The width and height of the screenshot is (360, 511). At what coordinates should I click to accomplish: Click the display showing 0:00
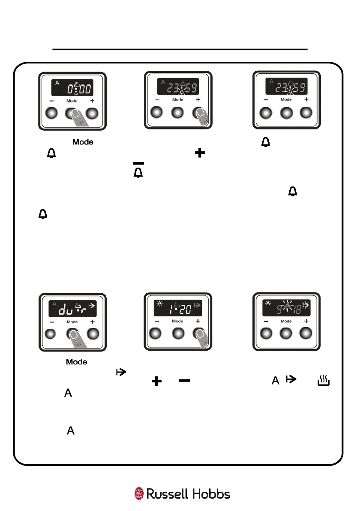pyautogui.click(x=72, y=89)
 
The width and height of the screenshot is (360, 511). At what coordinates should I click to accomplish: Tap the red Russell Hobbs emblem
pyautogui.click(x=139, y=494)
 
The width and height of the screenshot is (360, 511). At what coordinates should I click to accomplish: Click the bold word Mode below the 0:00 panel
pyautogui.click(x=83, y=142)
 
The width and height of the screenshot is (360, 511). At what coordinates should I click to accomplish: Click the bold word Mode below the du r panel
pyautogui.click(x=77, y=362)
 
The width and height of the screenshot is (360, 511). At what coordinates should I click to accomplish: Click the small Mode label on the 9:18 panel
pyautogui.click(x=286, y=321)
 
